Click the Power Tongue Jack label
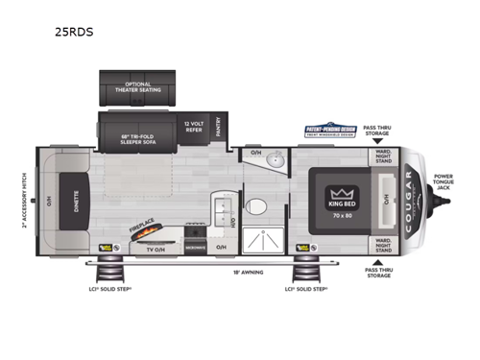[442, 182]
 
